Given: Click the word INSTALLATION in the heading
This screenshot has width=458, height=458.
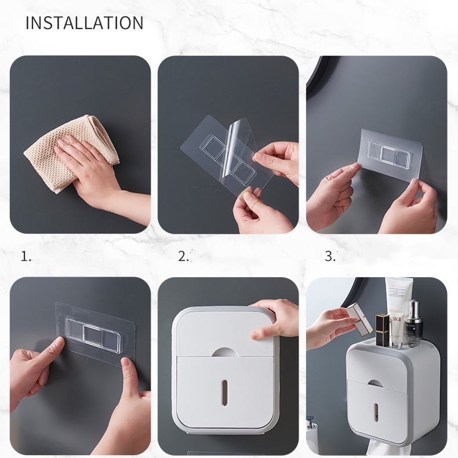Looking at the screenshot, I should [84, 23].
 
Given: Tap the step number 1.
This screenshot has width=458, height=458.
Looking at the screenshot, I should [26, 256].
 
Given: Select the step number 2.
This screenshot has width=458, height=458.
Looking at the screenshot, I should [184, 256].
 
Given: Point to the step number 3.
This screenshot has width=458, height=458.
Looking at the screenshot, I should [330, 256].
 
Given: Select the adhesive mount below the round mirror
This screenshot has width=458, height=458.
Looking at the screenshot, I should [391, 152].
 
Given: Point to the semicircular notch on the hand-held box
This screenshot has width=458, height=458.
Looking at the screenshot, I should [224, 351].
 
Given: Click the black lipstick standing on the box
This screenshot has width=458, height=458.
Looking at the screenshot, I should [382, 330].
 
